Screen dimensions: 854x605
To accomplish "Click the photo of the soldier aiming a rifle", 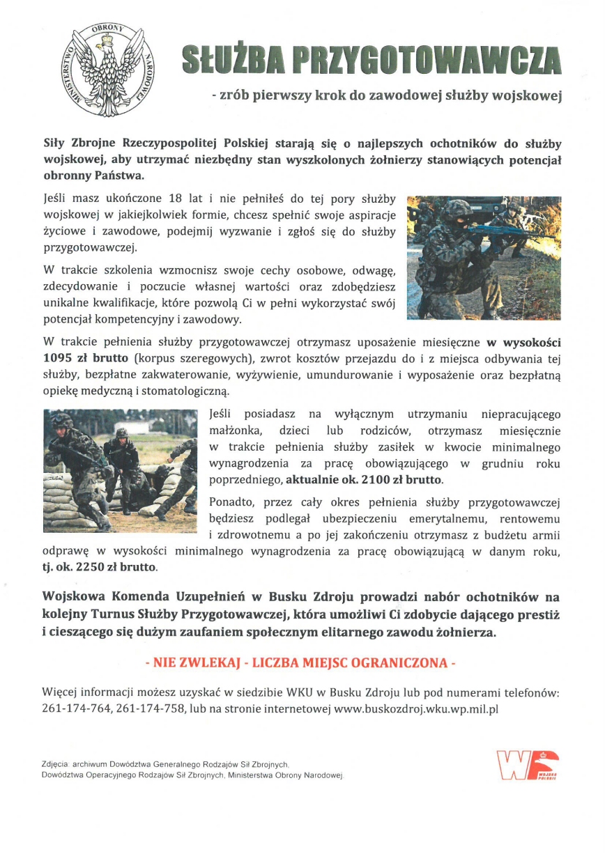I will coord(484,258).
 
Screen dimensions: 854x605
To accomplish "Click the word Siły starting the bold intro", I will coord(56,144).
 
